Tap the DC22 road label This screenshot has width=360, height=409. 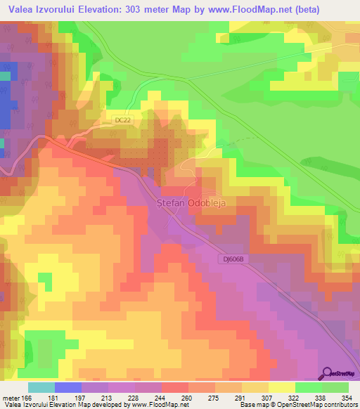122,120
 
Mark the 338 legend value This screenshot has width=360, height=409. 323,397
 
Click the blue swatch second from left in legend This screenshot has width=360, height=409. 68,387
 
